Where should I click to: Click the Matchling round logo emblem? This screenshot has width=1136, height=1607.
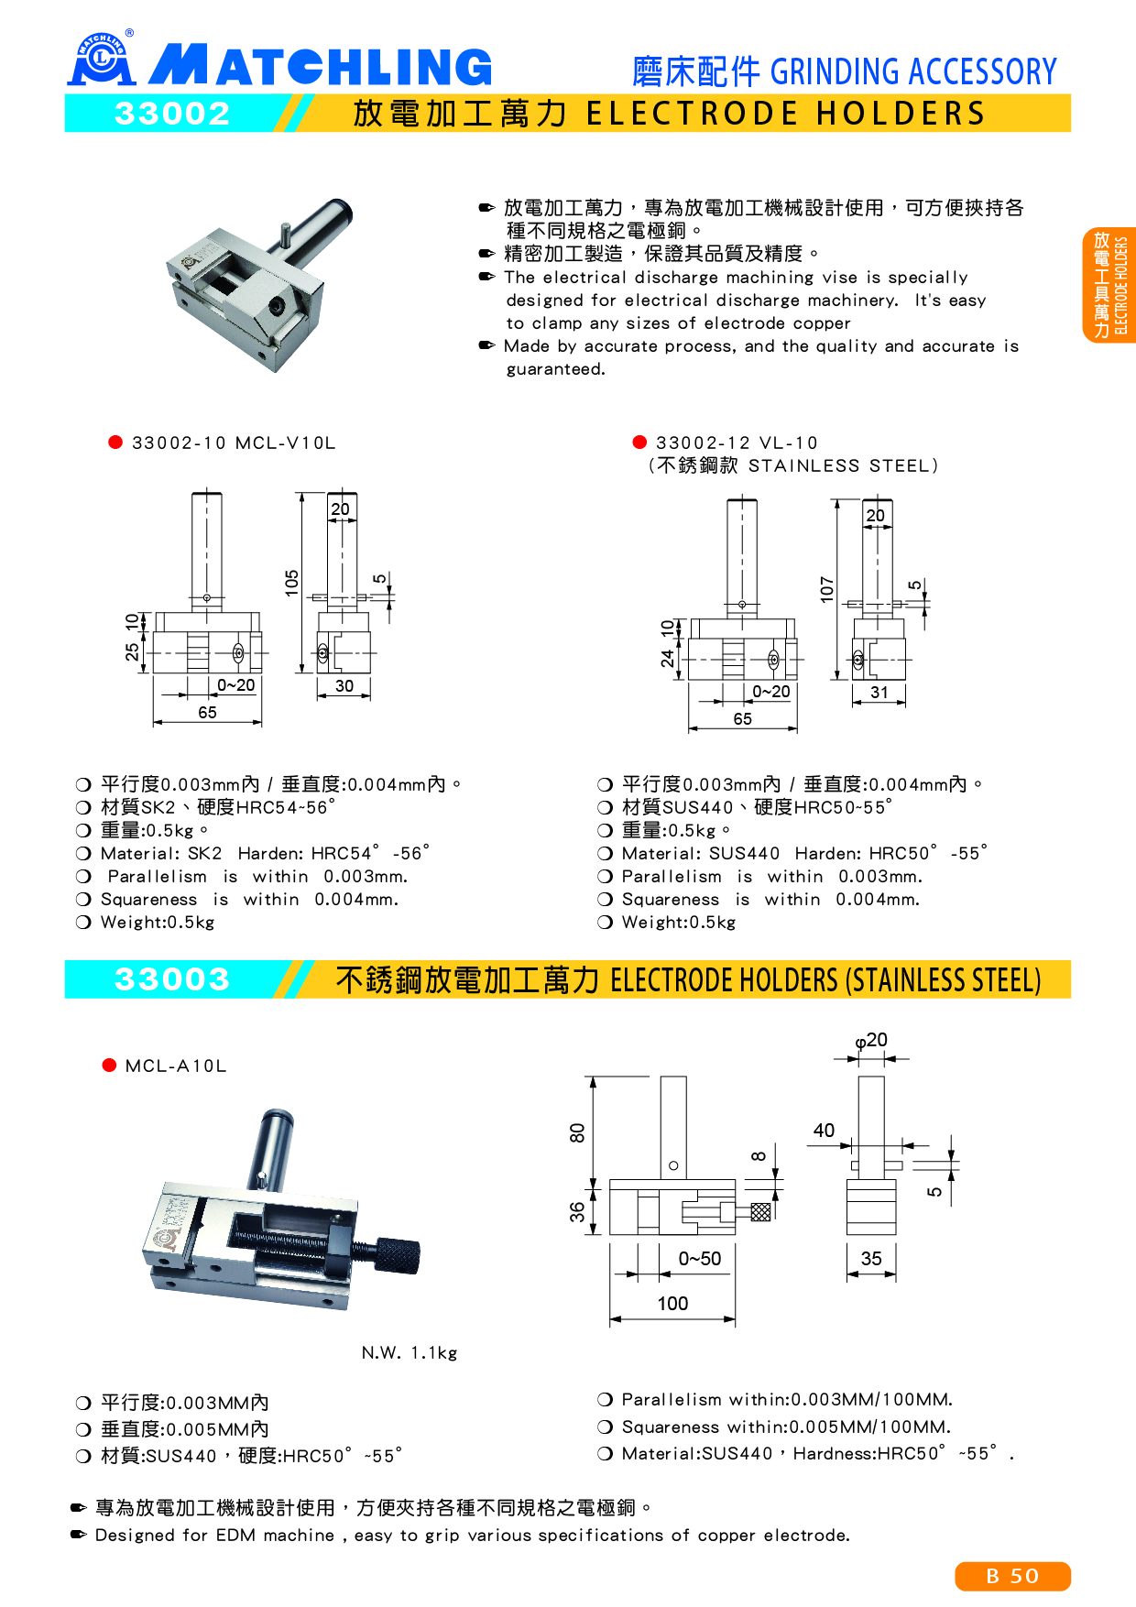pos(101,59)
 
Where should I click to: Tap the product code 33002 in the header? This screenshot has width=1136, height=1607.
pos(172,114)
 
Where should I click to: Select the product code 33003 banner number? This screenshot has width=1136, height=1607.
pos(172,979)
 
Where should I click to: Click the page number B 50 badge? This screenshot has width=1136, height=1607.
pos(1012,1576)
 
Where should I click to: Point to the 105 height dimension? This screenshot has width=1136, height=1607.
pos(292,583)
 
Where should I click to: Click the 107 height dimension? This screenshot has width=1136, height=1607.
pos(827,589)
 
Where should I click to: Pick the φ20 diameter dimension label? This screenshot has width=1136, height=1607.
pos(871,1040)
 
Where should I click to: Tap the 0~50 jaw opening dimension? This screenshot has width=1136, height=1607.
pos(700,1259)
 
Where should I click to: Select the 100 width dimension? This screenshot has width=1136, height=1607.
pos(672,1303)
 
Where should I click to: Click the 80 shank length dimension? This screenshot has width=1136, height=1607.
pos(577,1133)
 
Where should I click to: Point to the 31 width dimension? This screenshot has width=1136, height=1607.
pos(879,693)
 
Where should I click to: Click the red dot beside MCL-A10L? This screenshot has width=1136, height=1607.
pos(110,1065)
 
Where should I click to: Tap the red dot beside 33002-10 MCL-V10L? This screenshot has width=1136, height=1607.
pos(115,442)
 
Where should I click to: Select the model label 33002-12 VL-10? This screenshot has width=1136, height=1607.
pos(737,443)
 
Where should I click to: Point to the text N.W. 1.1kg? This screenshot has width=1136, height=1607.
pos(410,1352)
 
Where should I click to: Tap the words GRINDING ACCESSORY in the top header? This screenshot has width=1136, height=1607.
pos(913,71)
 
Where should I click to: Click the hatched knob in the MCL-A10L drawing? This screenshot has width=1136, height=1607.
pos(760,1211)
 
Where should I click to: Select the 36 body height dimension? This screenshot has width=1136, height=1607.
pos(577,1212)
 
